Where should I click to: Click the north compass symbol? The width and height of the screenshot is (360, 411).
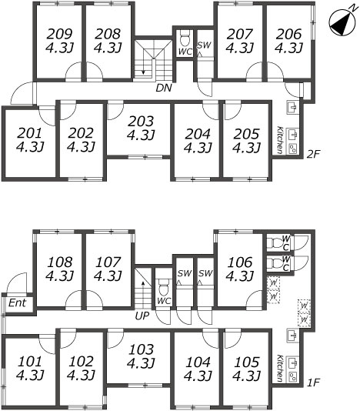tap(342, 22)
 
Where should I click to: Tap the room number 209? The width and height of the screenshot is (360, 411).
tap(60, 34)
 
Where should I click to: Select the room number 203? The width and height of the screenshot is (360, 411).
tap(142, 122)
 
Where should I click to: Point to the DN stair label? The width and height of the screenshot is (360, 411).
tap(164, 88)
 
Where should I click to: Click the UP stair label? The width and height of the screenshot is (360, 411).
tap(142, 316)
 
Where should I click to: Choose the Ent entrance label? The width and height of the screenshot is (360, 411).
tap(17, 303)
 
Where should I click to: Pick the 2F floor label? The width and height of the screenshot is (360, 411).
tap(313, 154)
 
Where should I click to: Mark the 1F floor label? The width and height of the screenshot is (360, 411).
tap(313, 383)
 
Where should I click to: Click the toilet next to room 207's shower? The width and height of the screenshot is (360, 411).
tap(185, 39)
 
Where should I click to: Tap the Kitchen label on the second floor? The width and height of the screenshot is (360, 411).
tap(280, 140)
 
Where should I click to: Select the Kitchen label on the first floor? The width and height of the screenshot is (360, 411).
tap(280, 369)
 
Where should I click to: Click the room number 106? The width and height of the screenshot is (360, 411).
tap(240, 262)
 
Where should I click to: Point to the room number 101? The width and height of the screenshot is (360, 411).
tap(30, 362)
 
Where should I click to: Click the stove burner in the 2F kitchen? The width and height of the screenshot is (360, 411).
tap(292, 149)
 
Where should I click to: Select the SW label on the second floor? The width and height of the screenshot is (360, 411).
tap(204, 45)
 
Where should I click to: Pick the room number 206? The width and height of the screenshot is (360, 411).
tap(289, 34)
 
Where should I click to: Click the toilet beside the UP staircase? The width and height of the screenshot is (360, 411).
tap(164, 287)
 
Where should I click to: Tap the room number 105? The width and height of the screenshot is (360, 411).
tap(247, 362)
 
